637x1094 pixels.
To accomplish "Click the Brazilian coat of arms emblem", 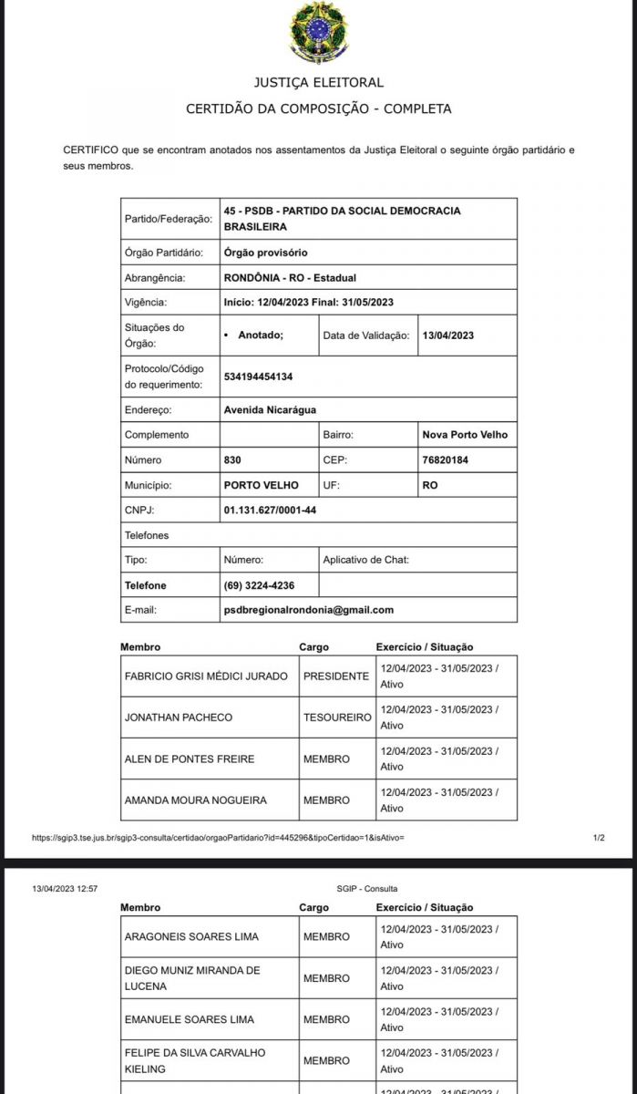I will tap(318, 33).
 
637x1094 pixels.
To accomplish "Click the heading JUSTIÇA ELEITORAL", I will tap(318, 82).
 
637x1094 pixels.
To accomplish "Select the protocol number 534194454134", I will tap(259, 377).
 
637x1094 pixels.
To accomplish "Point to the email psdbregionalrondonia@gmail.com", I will tap(308, 610).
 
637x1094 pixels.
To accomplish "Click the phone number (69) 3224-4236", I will tap(259, 585).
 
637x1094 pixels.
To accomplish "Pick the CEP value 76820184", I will tap(446, 459).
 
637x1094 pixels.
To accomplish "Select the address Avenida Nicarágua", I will tap(270, 410).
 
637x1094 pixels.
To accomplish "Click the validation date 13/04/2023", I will tap(448, 335).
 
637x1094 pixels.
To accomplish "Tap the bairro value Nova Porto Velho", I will tap(465, 435).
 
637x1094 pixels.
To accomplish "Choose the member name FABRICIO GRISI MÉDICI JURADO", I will tap(206, 676).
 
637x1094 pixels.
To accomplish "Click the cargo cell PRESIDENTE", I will tap(336, 676).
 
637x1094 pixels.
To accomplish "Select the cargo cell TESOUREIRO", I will tap(337, 717).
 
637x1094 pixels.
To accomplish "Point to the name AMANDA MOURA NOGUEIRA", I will tap(196, 800).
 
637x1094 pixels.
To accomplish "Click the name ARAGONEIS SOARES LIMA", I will tap(191, 936).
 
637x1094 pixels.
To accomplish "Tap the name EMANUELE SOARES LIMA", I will tap(190, 1019).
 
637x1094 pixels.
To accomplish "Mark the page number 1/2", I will tap(599, 837).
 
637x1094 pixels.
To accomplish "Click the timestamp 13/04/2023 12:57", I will tap(65, 888).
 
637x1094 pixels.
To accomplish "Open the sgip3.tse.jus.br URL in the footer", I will tap(218, 837).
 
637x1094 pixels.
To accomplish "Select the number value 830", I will tap(232, 459).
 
